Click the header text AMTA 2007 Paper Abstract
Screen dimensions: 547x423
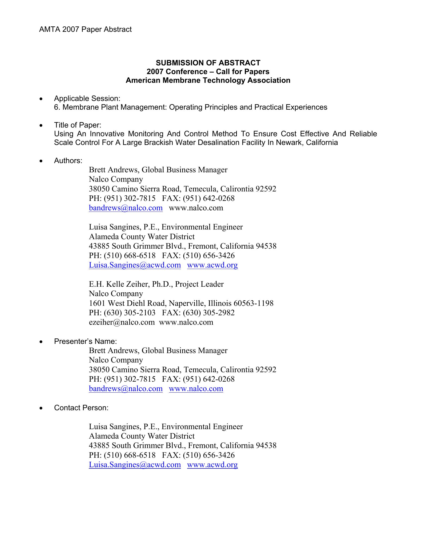coord(85,30)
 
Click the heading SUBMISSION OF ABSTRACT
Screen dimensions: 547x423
coord(208,63)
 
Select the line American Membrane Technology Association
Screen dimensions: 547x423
coord(208,80)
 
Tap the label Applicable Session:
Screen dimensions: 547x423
coord(87,98)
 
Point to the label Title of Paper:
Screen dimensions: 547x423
coord(78,125)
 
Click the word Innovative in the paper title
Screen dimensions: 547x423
coord(107,134)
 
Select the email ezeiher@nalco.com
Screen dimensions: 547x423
coord(122,322)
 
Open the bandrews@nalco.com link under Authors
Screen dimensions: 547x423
coord(126,208)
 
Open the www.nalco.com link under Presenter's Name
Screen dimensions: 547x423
coord(196,388)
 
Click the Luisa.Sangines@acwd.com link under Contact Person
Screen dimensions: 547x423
coord(135,465)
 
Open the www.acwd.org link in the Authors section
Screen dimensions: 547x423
coord(212,265)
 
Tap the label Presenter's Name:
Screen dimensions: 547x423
coord(85,341)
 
